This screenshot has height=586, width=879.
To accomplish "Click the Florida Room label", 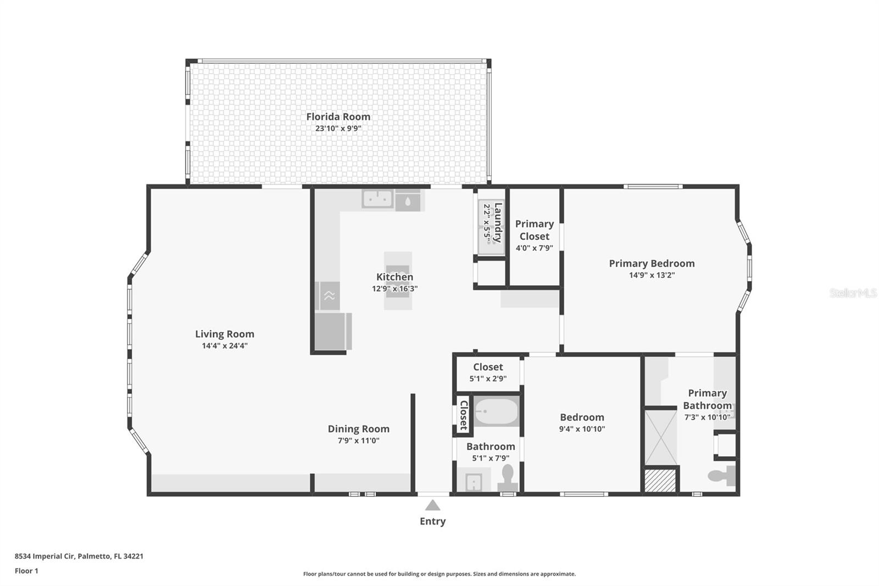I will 338,117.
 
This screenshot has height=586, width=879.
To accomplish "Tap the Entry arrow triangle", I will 432,505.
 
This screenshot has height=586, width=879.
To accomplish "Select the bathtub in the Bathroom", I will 496,412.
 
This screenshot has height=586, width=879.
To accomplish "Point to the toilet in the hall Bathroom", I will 508,477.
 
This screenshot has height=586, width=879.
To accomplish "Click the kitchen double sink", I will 377,199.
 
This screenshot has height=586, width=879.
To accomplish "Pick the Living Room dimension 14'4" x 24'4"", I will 225,346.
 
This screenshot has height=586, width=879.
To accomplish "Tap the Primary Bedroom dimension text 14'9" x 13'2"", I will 652,275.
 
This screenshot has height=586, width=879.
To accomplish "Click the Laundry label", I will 498,223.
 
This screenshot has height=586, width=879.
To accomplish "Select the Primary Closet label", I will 534,230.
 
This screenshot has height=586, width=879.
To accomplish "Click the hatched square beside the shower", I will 660,480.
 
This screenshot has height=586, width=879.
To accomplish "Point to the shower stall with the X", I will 660,436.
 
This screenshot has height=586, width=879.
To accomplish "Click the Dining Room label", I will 358,429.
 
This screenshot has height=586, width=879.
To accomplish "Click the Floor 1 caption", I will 26,571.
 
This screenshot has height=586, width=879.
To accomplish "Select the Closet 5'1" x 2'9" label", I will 488,367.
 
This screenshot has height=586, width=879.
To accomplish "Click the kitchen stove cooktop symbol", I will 329,296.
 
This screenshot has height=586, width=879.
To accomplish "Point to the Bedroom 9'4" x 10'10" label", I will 582,417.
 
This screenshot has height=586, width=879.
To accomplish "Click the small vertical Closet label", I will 464,415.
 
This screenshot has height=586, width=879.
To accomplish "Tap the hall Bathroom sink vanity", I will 474,482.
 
